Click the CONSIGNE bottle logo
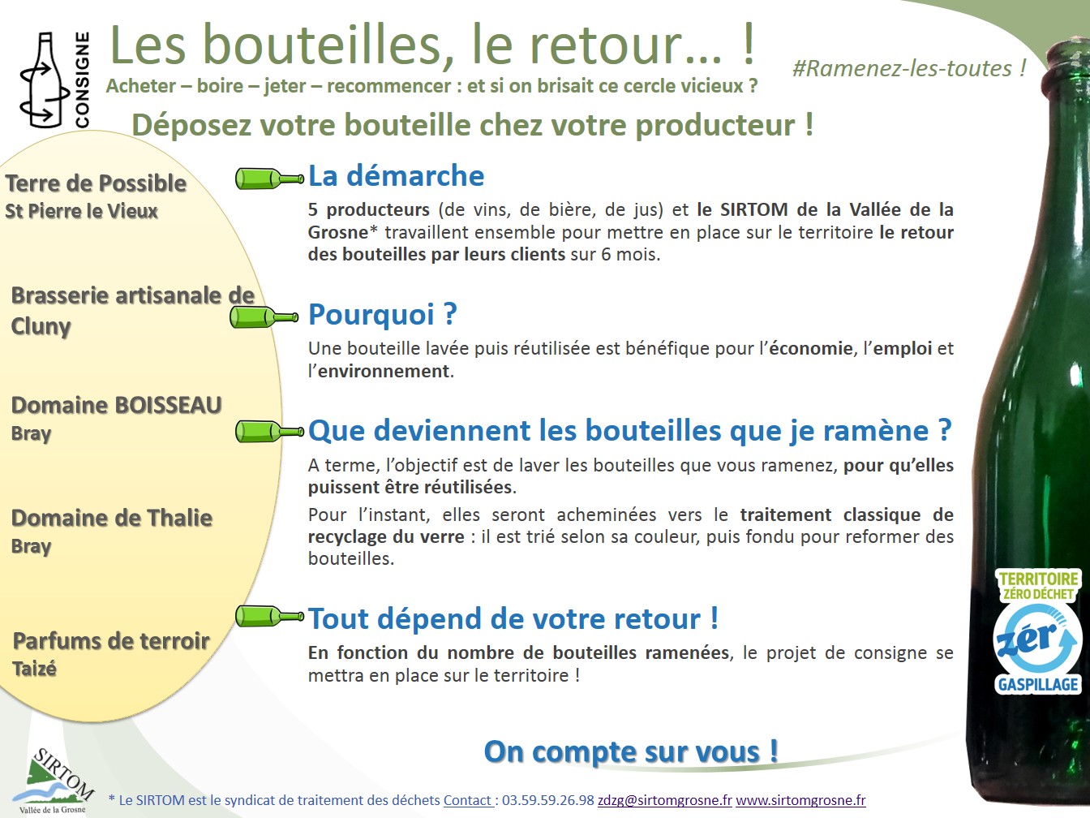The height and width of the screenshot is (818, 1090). [x=54, y=80]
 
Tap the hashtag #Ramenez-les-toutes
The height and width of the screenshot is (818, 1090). [x=909, y=68]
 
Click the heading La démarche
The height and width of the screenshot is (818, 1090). [x=396, y=175]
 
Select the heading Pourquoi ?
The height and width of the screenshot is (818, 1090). [x=382, y=314]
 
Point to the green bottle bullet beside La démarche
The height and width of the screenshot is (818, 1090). [x=269, y=179]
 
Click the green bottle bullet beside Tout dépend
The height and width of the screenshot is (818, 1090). [x=269, y=617]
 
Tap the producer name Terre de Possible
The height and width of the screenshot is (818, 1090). [x=96, y=183]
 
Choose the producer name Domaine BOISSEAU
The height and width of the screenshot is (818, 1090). [x=116, y=405]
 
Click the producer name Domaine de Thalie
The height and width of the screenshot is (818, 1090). [x=112, y=518]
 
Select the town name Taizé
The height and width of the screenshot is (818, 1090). [x=34, y=669]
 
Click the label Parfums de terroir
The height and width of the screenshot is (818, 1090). [x=111, y=641]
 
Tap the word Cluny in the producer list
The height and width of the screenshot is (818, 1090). [x=41, y=326]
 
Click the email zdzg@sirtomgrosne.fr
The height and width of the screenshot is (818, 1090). [x=664, y=800]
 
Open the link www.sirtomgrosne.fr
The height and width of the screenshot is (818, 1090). [x=800, y=800]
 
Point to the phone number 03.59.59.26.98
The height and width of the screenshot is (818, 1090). [x=547, y=800]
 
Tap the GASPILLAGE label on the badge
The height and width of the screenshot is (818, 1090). [x=1038, y=684]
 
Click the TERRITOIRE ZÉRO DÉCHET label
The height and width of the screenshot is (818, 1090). [x=1038, y=586]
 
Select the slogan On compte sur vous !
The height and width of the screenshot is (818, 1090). [x=631, y=751]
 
